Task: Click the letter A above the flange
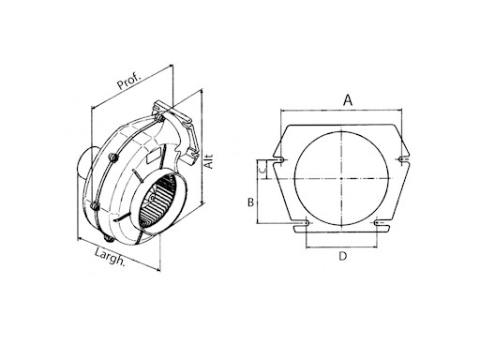pos(348,98)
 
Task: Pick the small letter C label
pos(265,168)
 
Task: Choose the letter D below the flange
pos(343,256)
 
